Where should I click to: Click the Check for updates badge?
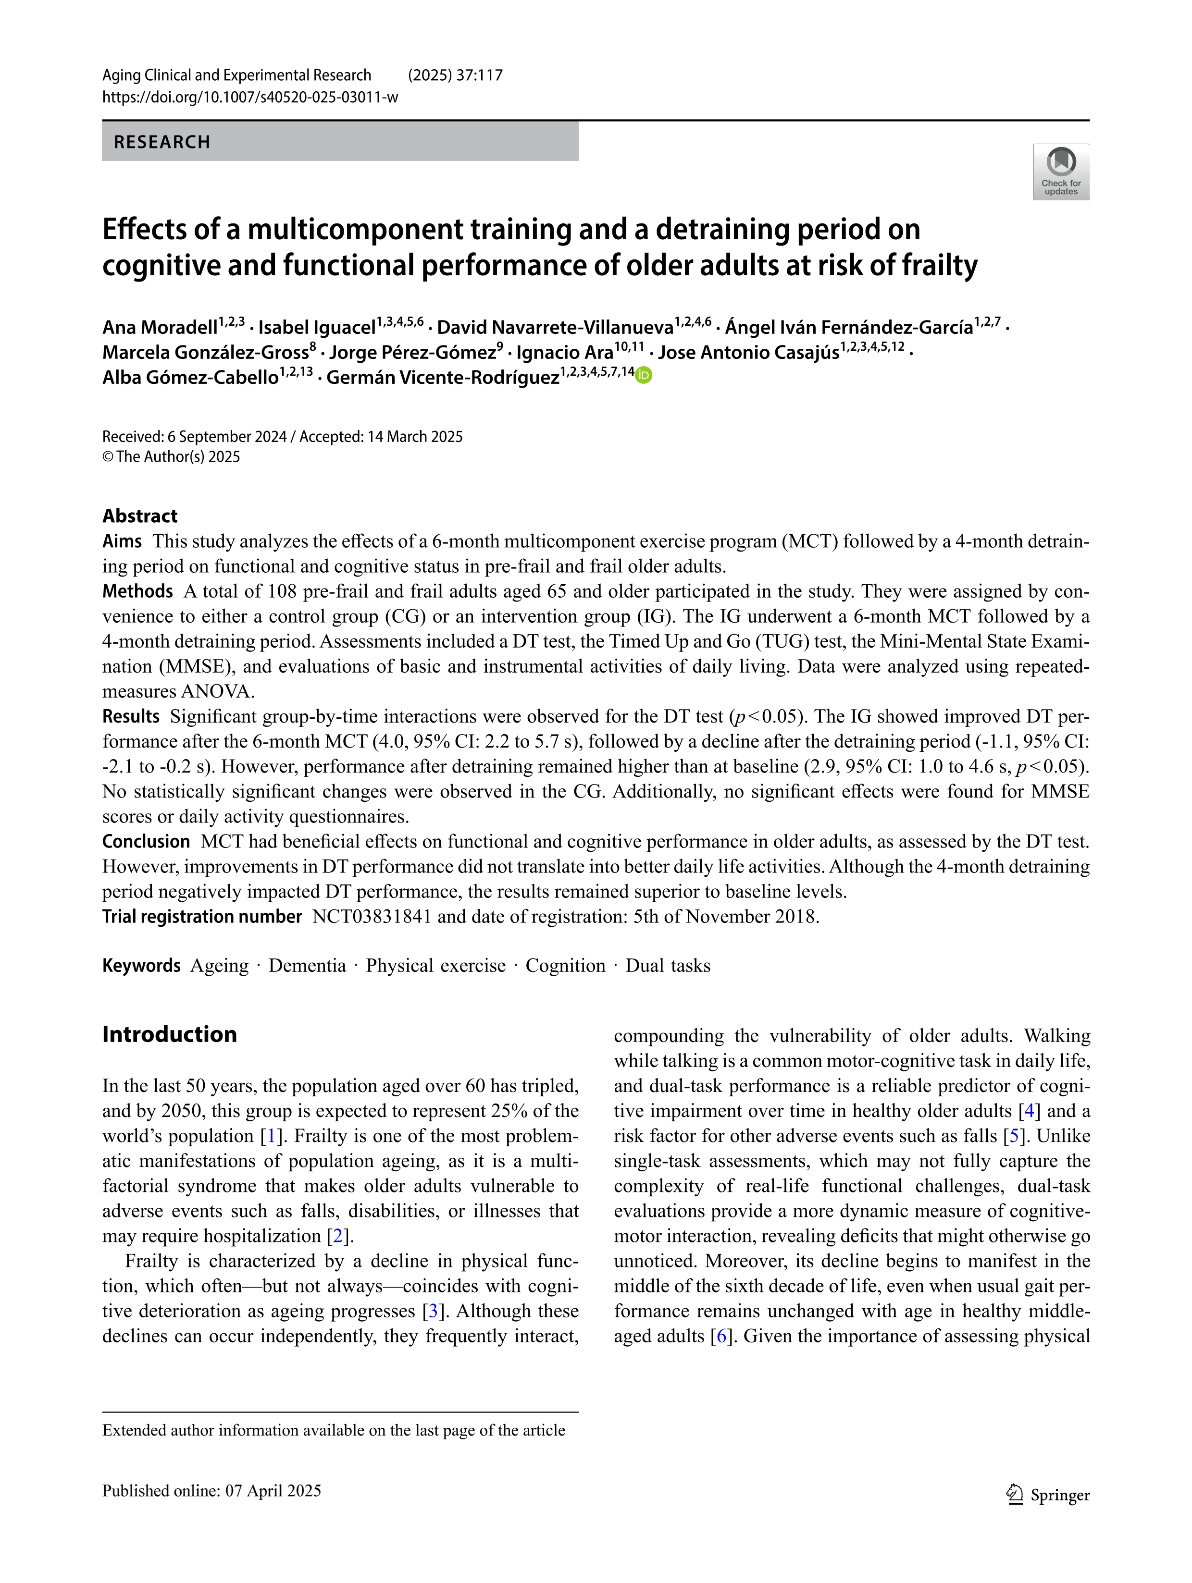(1060, 172)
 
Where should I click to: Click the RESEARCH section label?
(162, 142)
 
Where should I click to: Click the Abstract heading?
(139, 516)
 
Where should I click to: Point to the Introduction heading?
(169, 1034)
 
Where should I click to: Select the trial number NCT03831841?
(372, 917)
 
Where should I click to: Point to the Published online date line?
(212, 1491)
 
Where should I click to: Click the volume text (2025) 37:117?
(455, 75)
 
